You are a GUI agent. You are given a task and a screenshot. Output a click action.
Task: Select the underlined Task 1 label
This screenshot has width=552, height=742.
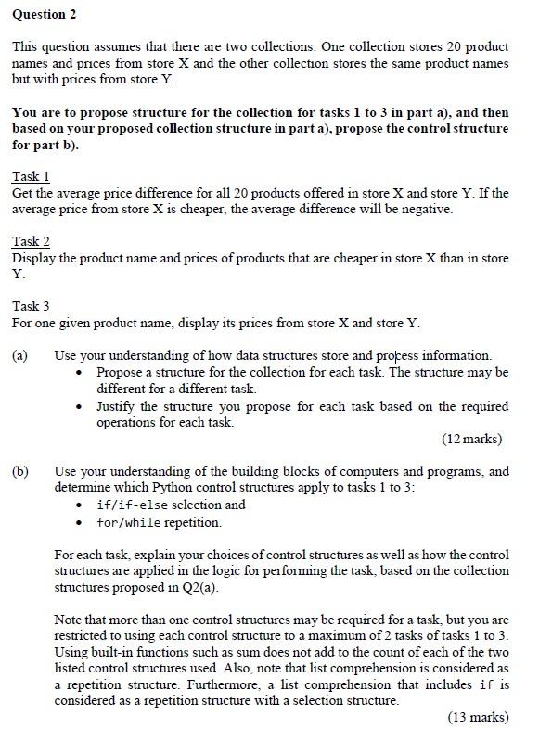pos(31,176)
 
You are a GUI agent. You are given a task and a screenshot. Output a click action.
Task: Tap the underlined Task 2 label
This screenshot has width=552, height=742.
pos(31,241)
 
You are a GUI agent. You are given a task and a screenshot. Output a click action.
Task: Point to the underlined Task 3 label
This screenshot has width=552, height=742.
pos(31,306)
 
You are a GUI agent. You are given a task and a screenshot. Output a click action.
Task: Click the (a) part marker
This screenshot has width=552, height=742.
pos(20,355)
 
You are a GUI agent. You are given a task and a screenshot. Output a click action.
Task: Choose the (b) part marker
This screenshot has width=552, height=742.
pos(20,471)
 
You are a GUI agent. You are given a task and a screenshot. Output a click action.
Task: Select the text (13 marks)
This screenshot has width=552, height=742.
pos(478,717)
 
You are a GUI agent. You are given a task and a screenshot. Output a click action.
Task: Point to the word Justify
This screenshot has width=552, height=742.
pos(118,406)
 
